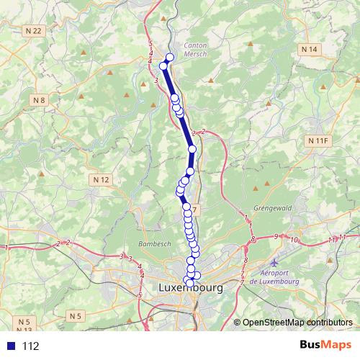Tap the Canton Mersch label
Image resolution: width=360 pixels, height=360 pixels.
[x=196, y=50]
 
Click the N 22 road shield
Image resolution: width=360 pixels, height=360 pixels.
[x=33, y=30]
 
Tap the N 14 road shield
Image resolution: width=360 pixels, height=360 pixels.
[x=309, y=49]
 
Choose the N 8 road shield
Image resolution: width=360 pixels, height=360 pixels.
[x=39, y=100]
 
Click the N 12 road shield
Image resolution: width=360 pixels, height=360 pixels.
[x=101, y=179]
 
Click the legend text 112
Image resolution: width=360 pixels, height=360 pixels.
[x=30, y=346]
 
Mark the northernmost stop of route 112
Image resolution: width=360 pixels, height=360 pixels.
[x=170, y=58]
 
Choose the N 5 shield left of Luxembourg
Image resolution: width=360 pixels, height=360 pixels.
[x=76, y=315]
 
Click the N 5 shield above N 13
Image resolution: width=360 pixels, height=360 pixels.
[x=25, y=321]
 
